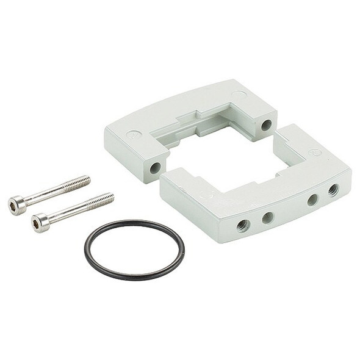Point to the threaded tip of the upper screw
click(79, 182)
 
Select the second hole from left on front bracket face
click(267, 217)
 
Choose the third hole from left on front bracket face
click(312, 199)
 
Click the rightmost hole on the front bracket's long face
click(333, 190)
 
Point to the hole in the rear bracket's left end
click(156, 167)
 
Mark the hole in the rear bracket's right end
click(266, 125)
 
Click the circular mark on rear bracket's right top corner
click(240, 94)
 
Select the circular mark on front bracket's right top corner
click(315, 153)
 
